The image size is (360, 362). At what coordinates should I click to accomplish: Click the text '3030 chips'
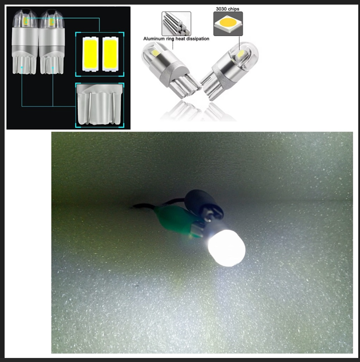(227, 9)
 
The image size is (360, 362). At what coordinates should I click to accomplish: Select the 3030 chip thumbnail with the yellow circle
(228, 24)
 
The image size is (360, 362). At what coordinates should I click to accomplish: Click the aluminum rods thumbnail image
(176, 23)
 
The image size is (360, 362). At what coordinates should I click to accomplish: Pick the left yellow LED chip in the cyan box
(90, 54)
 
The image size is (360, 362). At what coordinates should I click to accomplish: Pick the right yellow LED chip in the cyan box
(110, 54)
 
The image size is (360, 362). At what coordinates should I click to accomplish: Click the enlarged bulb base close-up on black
(100, 105)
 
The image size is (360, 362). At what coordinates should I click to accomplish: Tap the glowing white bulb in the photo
(227, 248)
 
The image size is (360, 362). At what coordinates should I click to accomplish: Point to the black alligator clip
(204, 203)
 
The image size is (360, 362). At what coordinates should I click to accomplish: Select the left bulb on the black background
(25, 42)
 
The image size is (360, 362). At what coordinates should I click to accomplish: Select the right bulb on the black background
(52, 42)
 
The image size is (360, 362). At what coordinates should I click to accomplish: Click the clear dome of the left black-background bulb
(25, 18)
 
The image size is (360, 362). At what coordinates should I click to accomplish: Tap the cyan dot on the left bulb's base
(22, 67)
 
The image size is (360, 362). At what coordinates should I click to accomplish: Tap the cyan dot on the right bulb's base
(53, 67)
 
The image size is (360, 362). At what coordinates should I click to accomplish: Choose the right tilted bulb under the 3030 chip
(230, 70)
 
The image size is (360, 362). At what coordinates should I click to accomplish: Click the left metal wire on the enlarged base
(90, 108)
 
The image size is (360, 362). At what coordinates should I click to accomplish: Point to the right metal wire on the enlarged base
(114, 108)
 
